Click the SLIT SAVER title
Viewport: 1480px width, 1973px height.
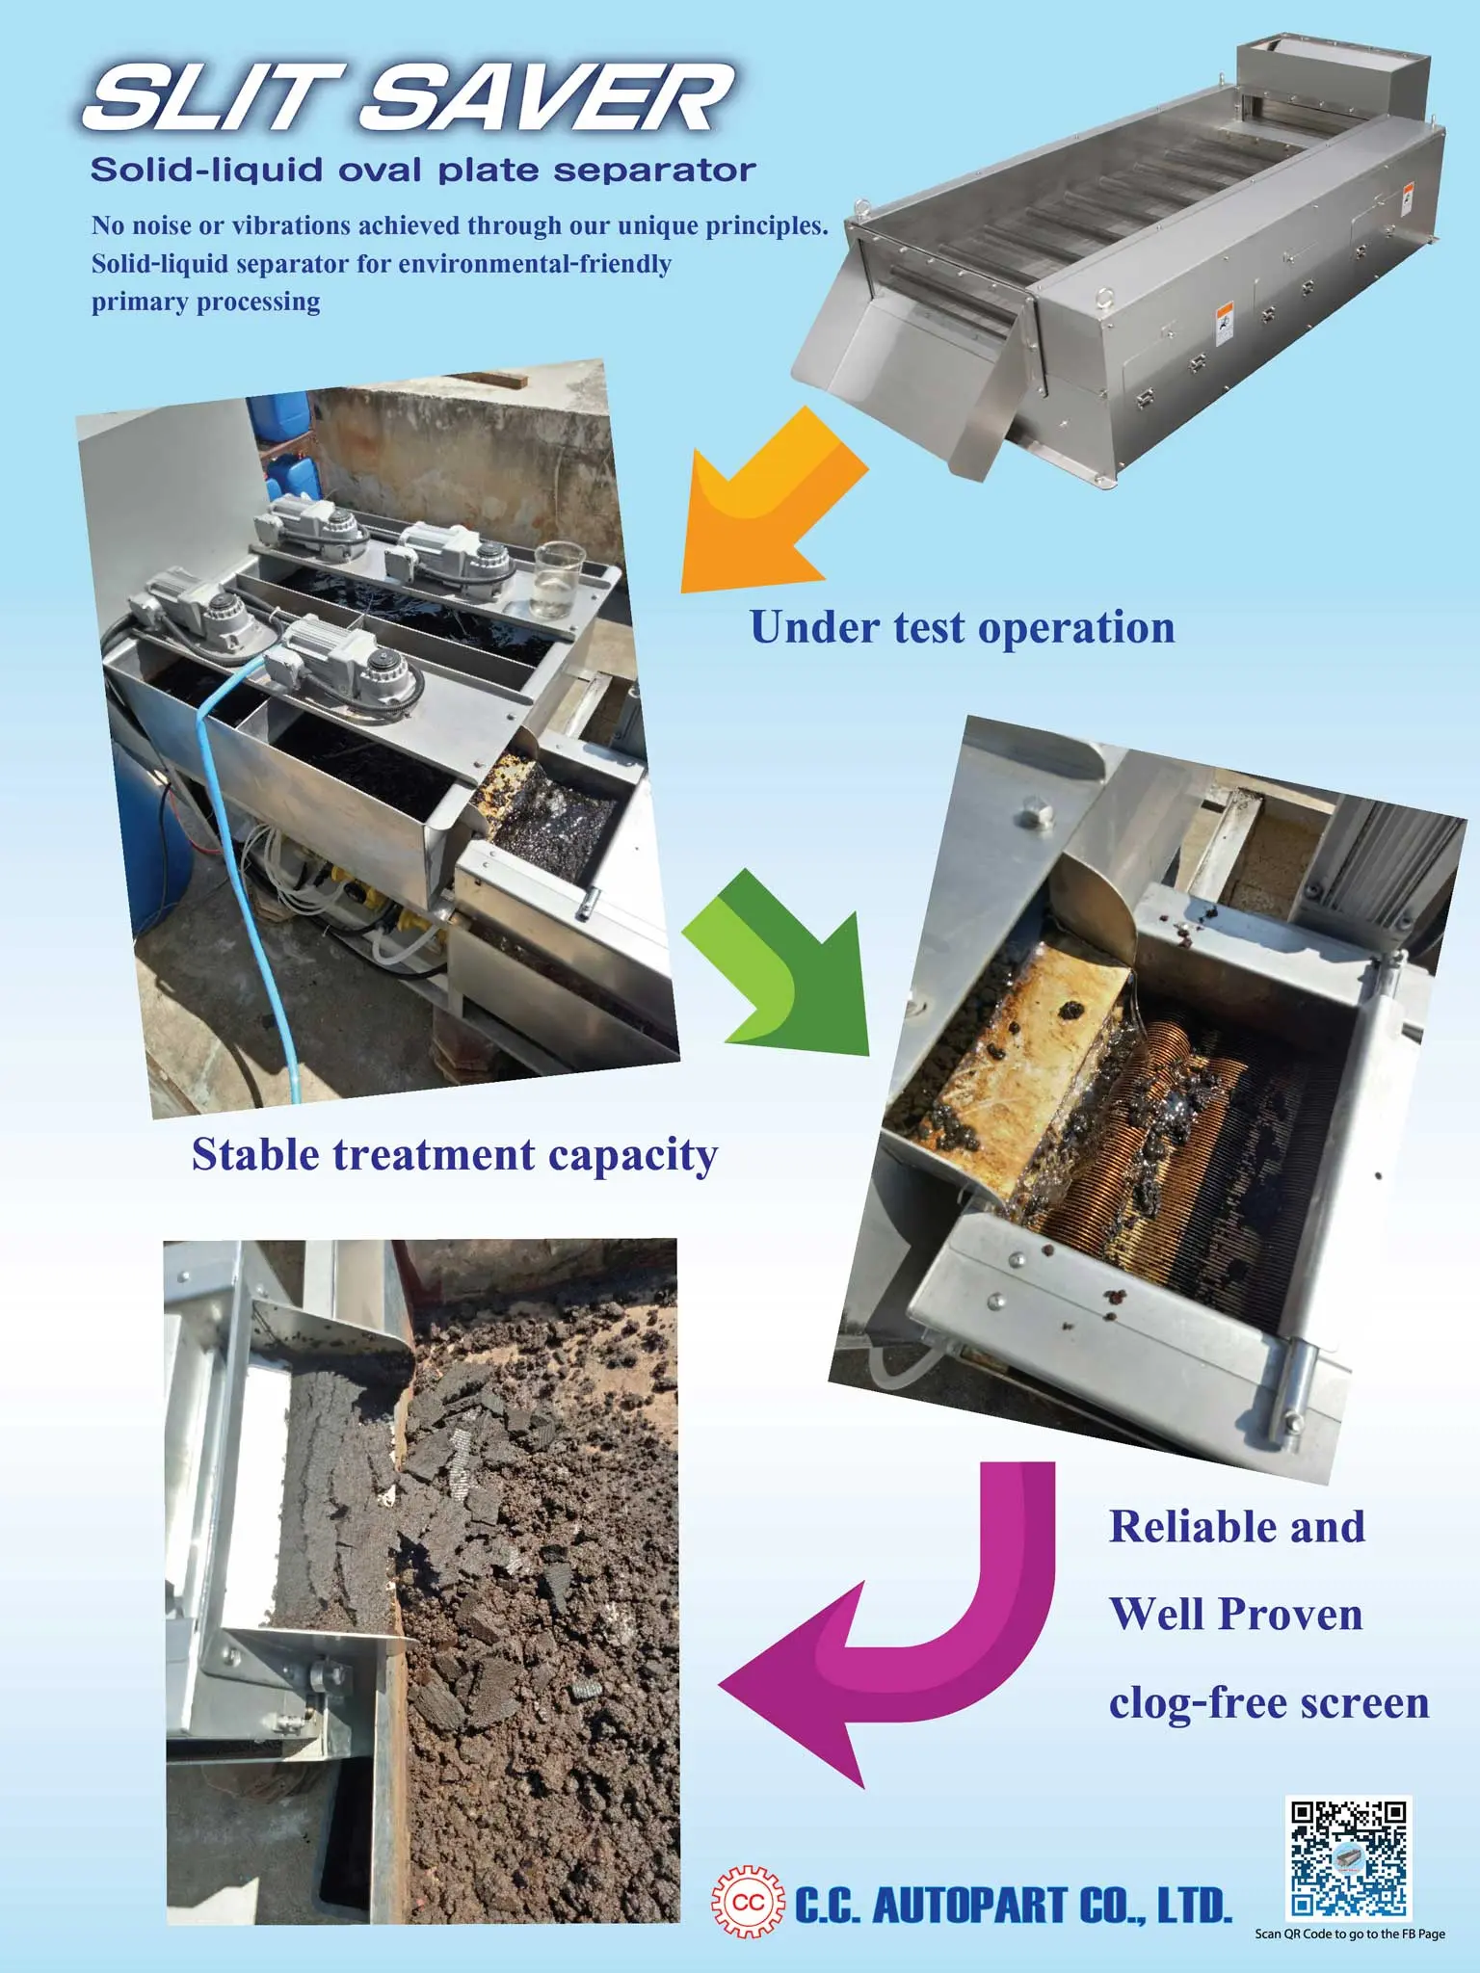click(x=410, y=98)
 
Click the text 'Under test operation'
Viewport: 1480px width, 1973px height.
click(x=962, y=627)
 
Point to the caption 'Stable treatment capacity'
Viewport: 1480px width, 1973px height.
click(x=455, y=1154)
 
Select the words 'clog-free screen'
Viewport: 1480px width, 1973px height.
click(x=1268, y=1702)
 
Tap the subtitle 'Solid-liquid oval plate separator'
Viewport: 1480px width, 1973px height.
click(x=423, y=171)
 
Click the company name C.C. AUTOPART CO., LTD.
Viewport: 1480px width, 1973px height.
click(x=1012, y=1905)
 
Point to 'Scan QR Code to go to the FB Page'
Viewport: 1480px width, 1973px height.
click(x=1349, y=1934)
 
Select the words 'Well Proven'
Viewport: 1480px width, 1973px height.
click(x=1236, y=1615)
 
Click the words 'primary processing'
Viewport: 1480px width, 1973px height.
click(x=206, y=302)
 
